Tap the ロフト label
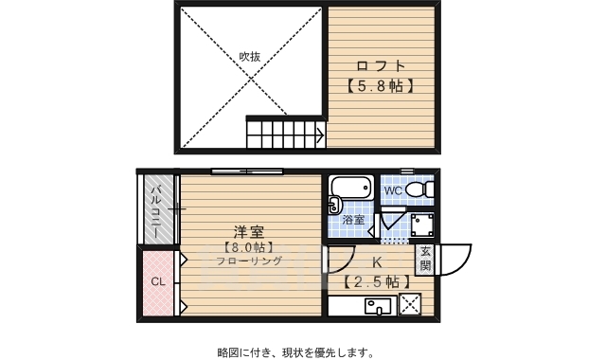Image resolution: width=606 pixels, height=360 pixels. pos(382,65)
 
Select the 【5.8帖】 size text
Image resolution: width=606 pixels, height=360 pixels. pos(382,84)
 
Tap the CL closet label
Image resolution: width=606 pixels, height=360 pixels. pos(157,281)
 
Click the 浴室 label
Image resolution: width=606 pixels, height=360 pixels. pos(353,220)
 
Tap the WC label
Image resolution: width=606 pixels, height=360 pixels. pos(394,189)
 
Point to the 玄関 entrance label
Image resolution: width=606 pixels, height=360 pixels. pos(425,258)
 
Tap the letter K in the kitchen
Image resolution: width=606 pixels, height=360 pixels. pos(376,262)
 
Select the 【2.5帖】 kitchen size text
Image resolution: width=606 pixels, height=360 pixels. pos(376,281)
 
